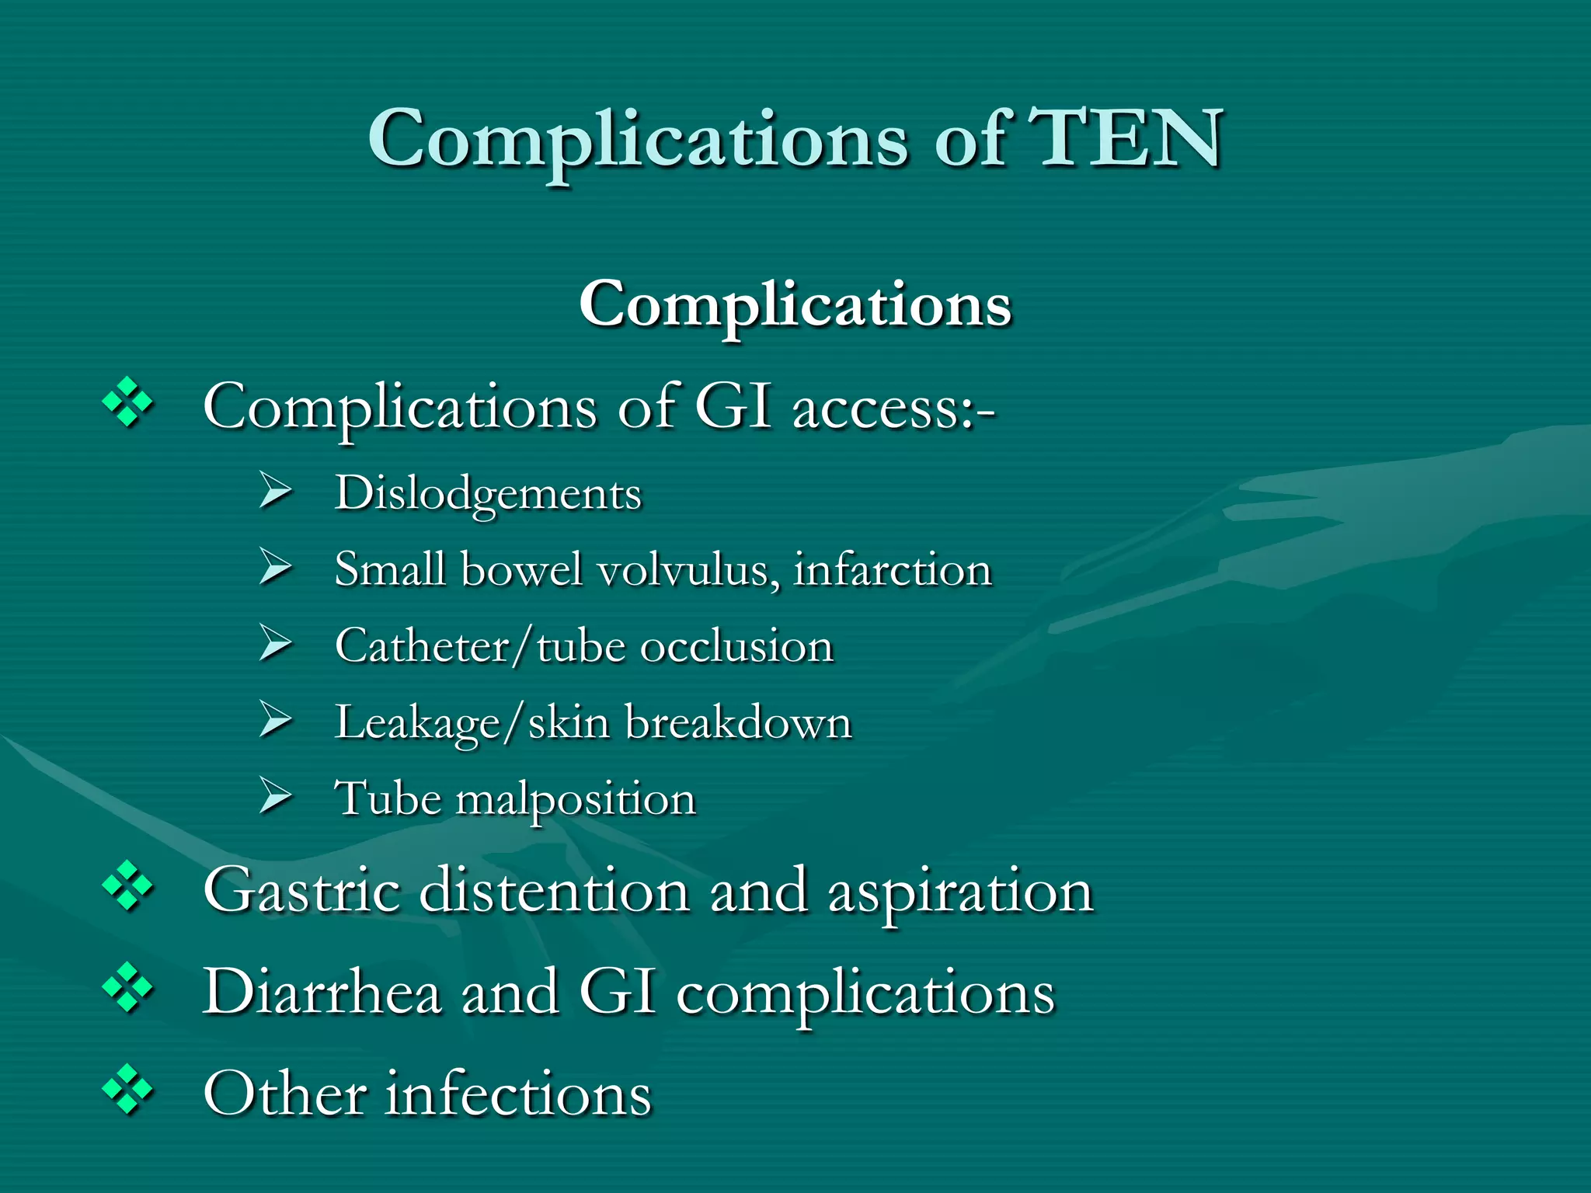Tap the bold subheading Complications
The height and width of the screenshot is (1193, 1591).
[795, 304]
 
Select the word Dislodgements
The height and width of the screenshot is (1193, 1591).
[488, 494]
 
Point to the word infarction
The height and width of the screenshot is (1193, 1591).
[893, 569]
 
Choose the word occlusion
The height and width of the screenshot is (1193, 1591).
[736, 645]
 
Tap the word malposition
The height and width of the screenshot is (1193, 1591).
[575, 799]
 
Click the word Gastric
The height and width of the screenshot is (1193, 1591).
[301, 891]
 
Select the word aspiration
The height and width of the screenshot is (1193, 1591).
[961, 892]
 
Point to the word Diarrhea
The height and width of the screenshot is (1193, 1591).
[322, 992]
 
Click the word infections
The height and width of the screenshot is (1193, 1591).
[518, 1093]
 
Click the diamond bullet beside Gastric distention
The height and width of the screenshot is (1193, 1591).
[127, 886]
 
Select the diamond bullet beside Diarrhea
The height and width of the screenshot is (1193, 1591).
[127, 988]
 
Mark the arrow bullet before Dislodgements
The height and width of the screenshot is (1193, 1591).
[275, 491]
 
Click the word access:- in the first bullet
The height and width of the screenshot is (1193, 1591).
[893, 407]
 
